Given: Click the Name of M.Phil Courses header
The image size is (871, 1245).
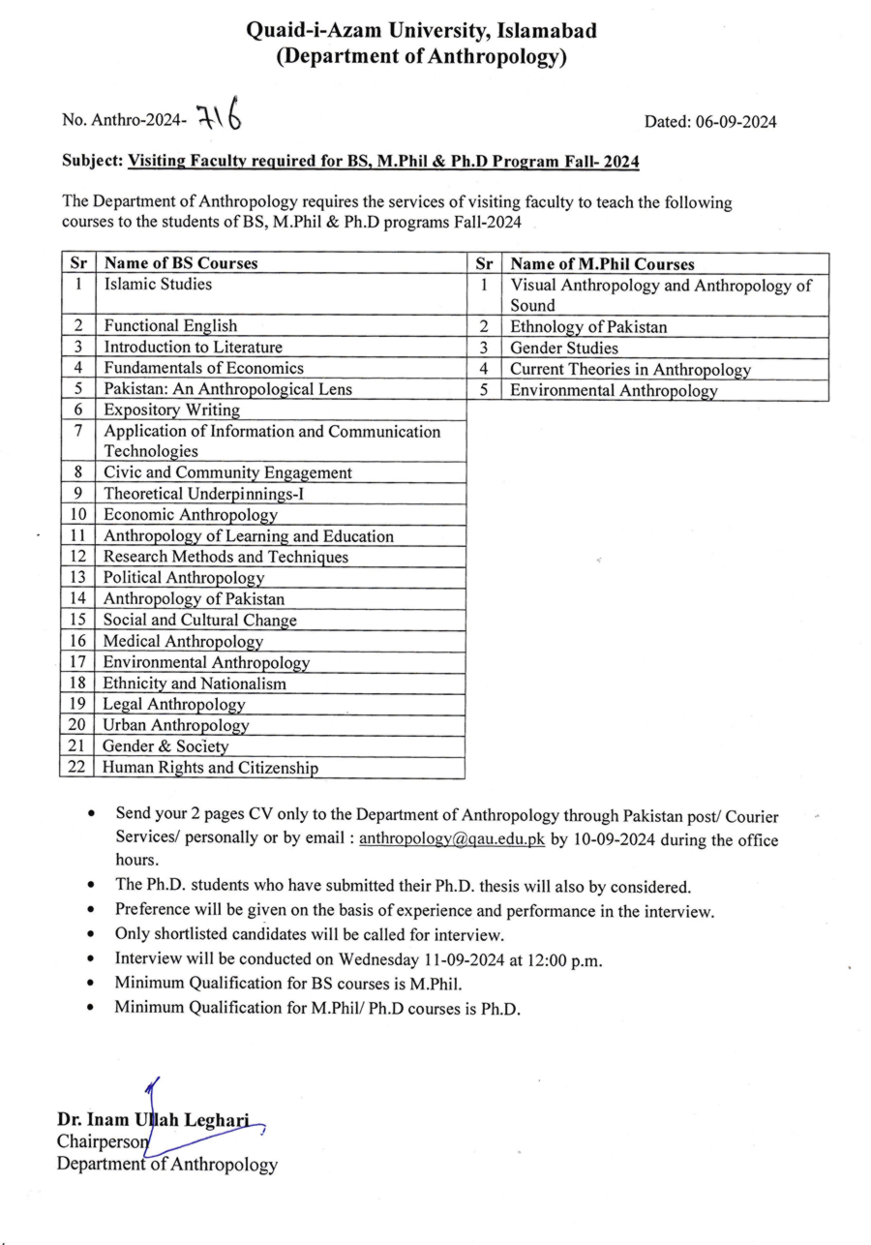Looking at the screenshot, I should coord(602,264).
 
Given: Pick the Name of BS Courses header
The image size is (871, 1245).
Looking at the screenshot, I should coord(181,263).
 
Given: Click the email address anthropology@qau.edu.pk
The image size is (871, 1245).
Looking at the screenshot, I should coord(452,840).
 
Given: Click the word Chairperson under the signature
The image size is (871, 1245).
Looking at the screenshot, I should coord(102,1142).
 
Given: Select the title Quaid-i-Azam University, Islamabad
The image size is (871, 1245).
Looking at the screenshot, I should coord(421,32).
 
